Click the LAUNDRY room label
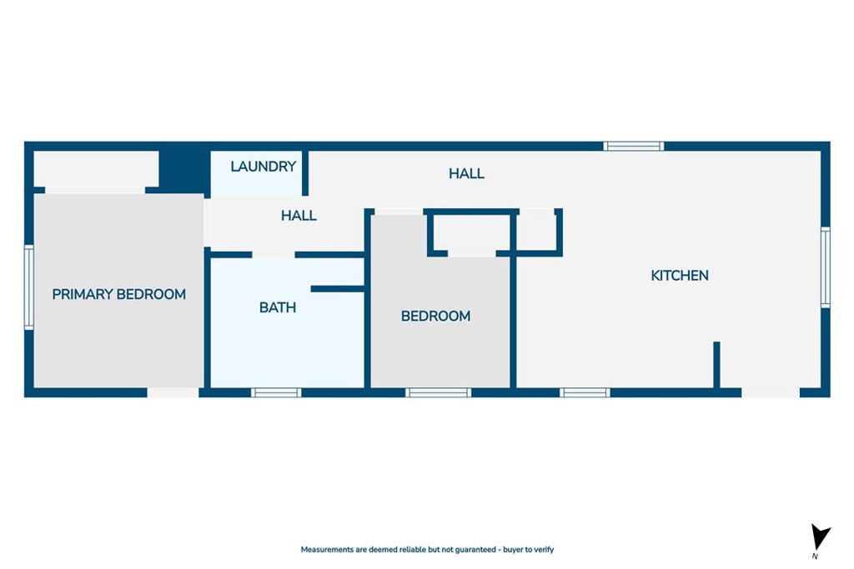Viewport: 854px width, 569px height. pyautogui.click(x=263, y=167)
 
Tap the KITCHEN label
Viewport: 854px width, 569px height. pyautogui.click(x=680, y=276)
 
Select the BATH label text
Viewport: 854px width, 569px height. pyautogui.click(x=278, y=308)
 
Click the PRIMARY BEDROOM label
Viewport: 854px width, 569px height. pyautogui.click(x=118, y=294)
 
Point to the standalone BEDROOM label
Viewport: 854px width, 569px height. pyautogui.click(x=435, y=316)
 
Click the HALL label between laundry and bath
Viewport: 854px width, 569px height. pyautogui.click(x=299, y=216)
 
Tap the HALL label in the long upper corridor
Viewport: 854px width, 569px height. pyautogui.click(x=467, y=173)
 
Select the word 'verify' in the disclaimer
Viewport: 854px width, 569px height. pyautogui.click(x=544, y=549)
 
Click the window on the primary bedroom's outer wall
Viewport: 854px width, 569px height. pyautogui.click(x=29, y=287)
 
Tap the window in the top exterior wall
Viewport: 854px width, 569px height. pyautogui.click(x=634, y=146)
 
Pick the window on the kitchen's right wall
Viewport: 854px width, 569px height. pyautogui.click(x=826, y=267)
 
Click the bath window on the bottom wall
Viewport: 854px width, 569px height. pyautogui.click(x=276, y=392)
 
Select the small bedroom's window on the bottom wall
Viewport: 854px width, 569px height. pyautogui.click(x=439, y=392)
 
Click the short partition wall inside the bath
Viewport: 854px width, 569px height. pyautogui.click(x=338, y=289)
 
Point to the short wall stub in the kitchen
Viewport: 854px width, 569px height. pyautogui.click(x=716, y=364)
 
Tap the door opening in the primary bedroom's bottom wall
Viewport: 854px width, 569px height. pyautogui.click(x=173, y=392)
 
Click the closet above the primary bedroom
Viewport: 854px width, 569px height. pyautogui.click(x=97, y=168)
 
